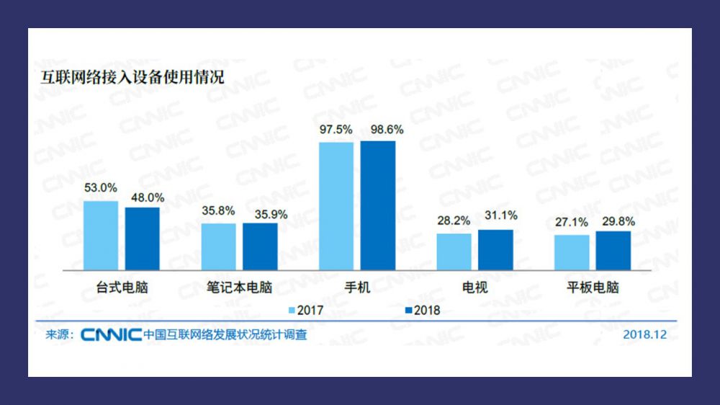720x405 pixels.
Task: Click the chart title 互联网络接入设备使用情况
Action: pyautogui.click(x=132, y=76)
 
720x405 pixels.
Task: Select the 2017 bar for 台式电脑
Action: pyautogui.click(x=101, y=235)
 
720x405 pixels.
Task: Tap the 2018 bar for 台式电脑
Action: pyautogui.click(x=142, y=239)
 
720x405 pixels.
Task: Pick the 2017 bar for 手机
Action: pyautogui.click(x=336, y=205)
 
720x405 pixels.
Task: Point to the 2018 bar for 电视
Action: pyautogui.click(x=495, y=249)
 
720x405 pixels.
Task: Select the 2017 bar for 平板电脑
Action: pyautogui.click(x=572, y=252)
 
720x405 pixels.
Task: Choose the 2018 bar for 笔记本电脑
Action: pyautogui.click(x=260, y=246)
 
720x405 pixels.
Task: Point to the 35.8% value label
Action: pyautogui.click(x=218, y=212)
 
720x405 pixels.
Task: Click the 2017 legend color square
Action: pyautogui.click(x=292, y=311)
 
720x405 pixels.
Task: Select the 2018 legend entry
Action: pyautogui.click(x=422, y=311)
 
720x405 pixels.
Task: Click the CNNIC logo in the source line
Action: pyautogui.click(x=111, y=335)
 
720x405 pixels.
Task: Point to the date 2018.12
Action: pyautogui.click(x=645, y=334)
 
